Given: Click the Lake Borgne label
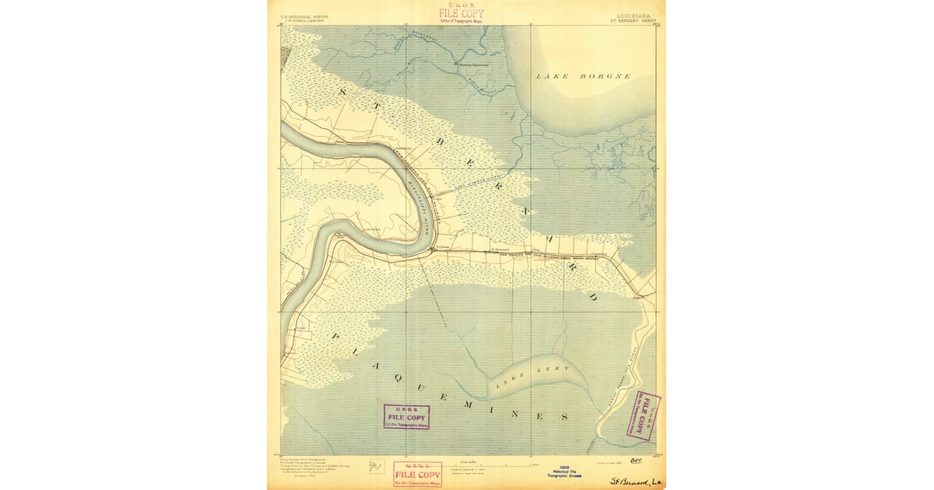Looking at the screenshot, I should tap(583, 76).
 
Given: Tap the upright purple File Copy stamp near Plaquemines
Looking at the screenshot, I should tap(406, 416).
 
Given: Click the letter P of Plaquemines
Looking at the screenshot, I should tap(335, 336).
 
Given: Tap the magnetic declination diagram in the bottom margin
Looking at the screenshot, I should tap(377, 467).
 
